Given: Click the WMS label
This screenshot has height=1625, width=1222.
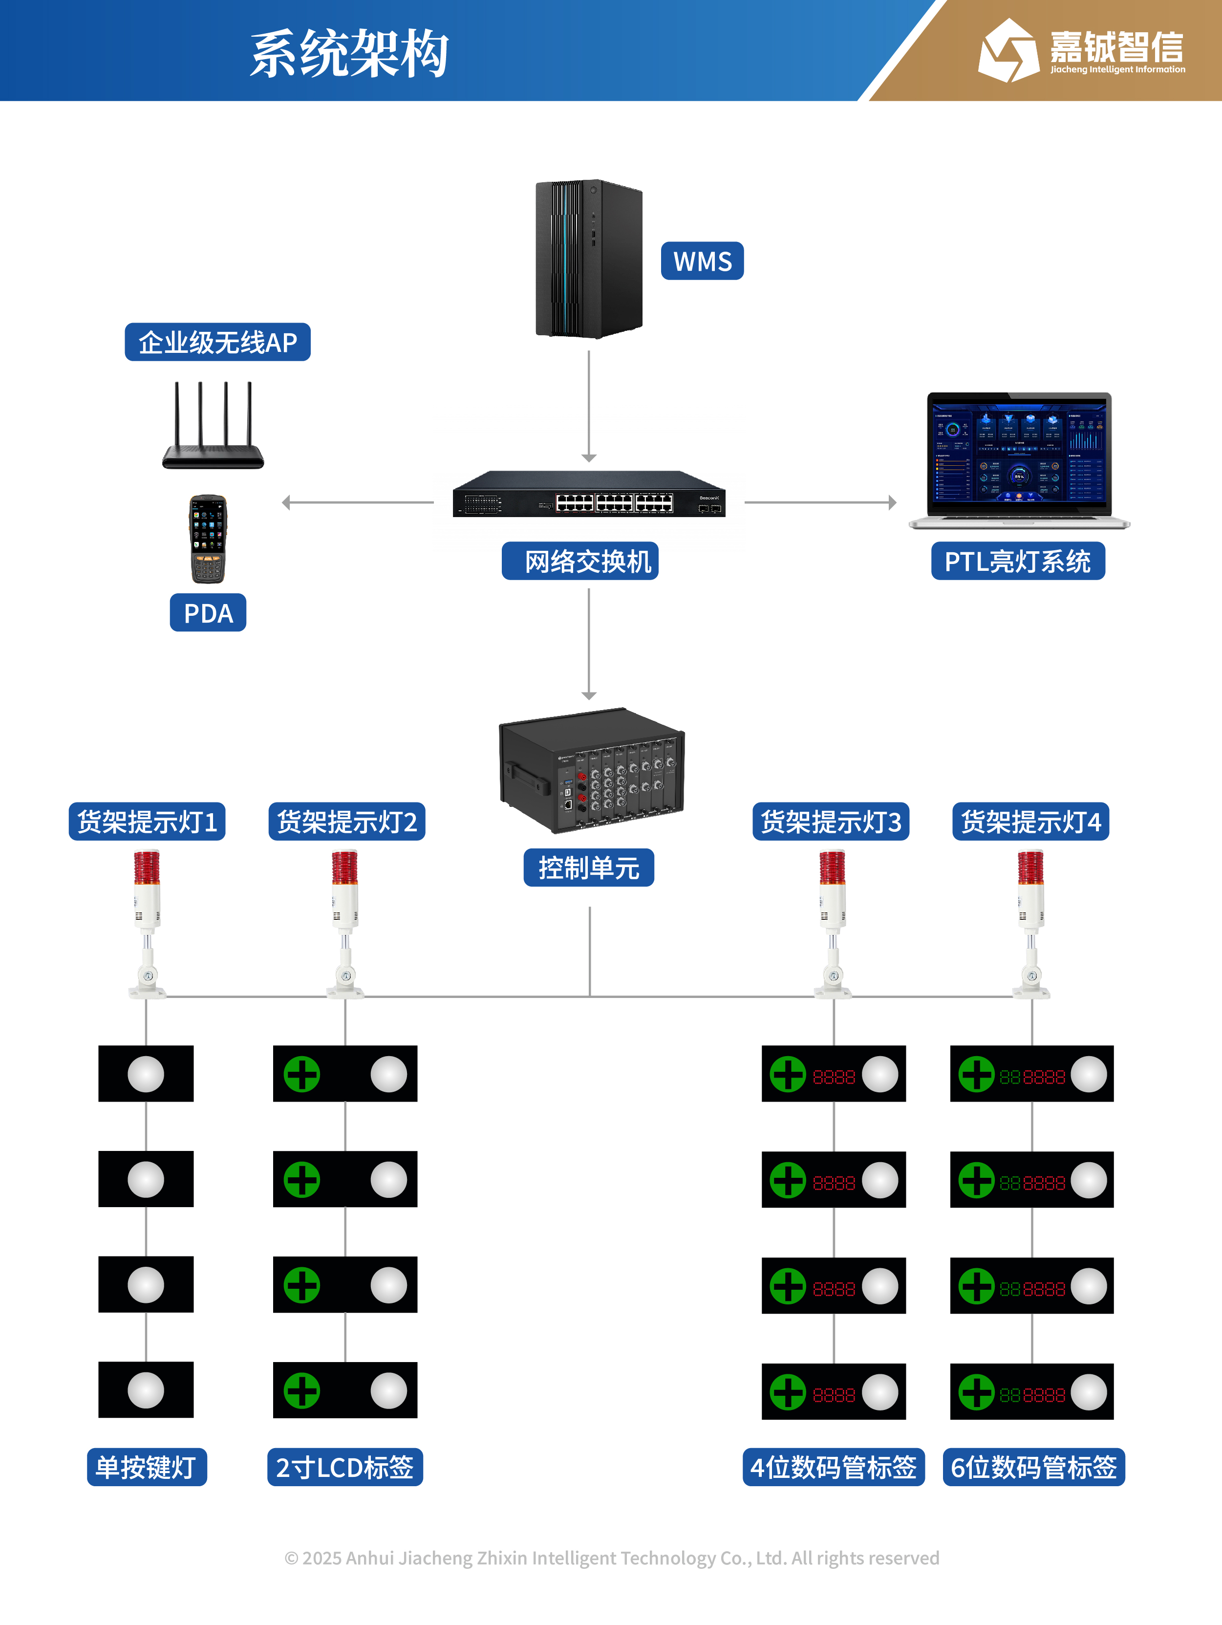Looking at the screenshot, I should [702, 261].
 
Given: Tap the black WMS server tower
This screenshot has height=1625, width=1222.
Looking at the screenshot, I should [589, 259].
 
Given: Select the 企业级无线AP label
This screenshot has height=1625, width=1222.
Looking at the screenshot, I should [217, 342].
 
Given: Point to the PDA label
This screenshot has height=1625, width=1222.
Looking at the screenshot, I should [208, 613].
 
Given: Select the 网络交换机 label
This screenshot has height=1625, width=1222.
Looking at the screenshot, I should [580, 561].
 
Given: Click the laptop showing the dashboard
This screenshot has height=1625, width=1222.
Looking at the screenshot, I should [1019, 460].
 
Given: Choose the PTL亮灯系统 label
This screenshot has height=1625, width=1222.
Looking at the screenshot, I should [1018, 561].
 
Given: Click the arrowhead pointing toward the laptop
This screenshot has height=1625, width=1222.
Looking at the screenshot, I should [892, 502].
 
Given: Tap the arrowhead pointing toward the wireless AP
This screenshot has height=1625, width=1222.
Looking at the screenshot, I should [286, 502].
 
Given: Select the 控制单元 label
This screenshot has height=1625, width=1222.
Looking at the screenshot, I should [589, 867].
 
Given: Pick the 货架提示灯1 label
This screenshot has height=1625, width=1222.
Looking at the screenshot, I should [147, 822].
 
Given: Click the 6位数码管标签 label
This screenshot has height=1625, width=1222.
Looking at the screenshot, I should [1033, 1467].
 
